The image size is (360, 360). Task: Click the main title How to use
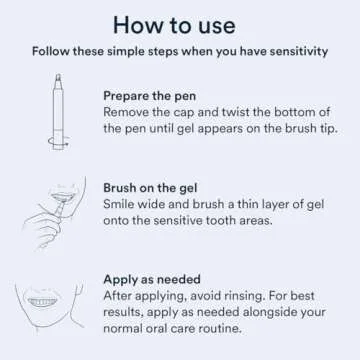[180, 23]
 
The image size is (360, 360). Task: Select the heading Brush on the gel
[155, 186]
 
